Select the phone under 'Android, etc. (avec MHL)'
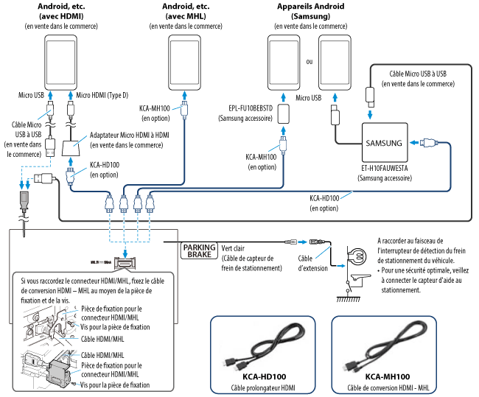point(185,64)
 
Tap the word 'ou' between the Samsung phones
point(309,61)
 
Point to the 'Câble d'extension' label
point(313,263)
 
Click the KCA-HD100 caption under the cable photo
point(262,376)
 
